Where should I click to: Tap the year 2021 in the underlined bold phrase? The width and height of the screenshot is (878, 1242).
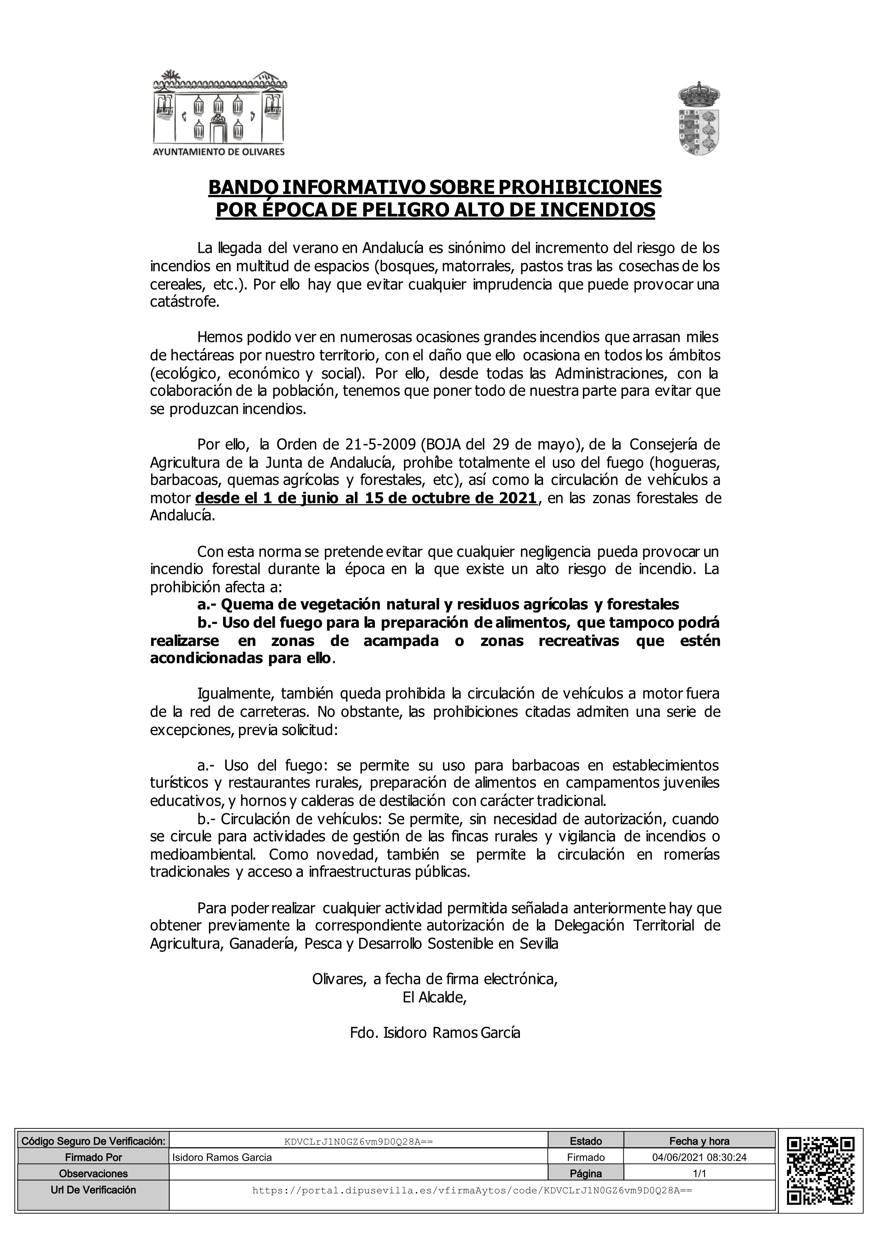[518, 498]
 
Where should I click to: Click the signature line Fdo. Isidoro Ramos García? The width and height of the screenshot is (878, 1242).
[435, 1033]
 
